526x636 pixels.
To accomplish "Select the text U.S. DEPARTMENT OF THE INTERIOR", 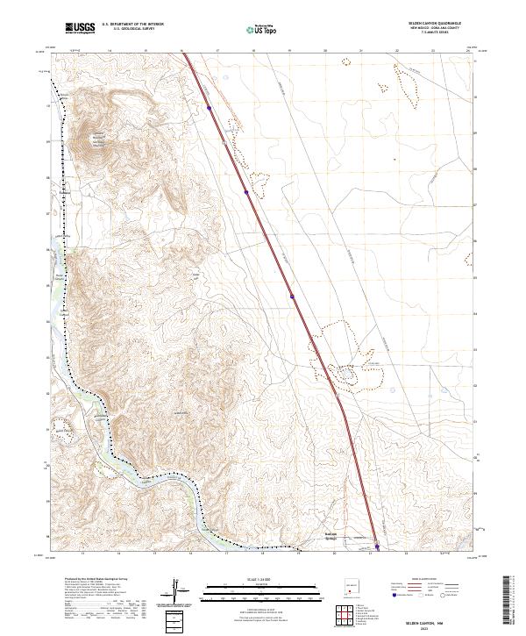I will coord(132,25).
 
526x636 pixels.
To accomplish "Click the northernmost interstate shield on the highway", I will coord(210,108).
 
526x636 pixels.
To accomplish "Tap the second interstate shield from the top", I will coord(246,191).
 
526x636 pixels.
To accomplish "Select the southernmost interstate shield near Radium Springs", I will coord(378,547).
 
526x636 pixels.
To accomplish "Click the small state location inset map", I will coord(354,582).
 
